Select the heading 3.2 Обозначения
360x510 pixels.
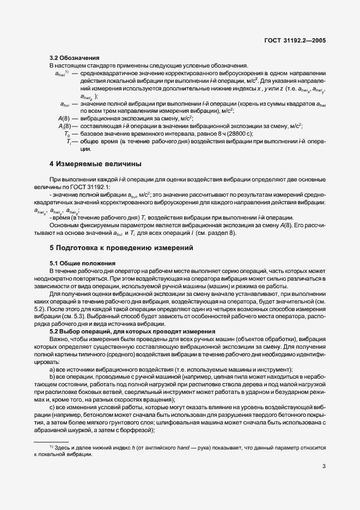(75, 58)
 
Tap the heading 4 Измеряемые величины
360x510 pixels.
(96, 163)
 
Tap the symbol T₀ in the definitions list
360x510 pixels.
(67, 133)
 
